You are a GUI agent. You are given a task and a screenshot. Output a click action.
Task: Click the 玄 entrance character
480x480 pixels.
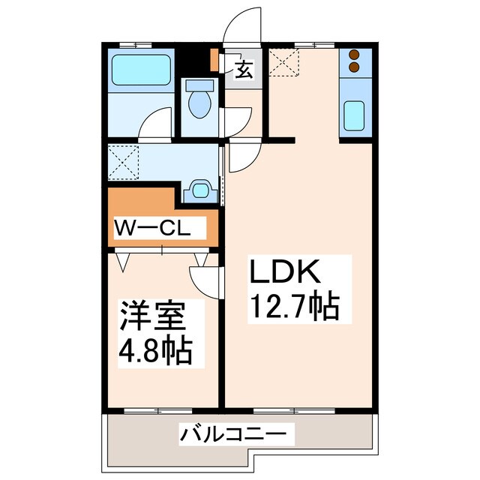tap(244, 70)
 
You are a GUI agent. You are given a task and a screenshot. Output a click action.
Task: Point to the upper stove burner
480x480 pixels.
tap(354, 55)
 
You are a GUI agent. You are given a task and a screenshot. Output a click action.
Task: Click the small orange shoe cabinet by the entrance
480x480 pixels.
tap(214, 59)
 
